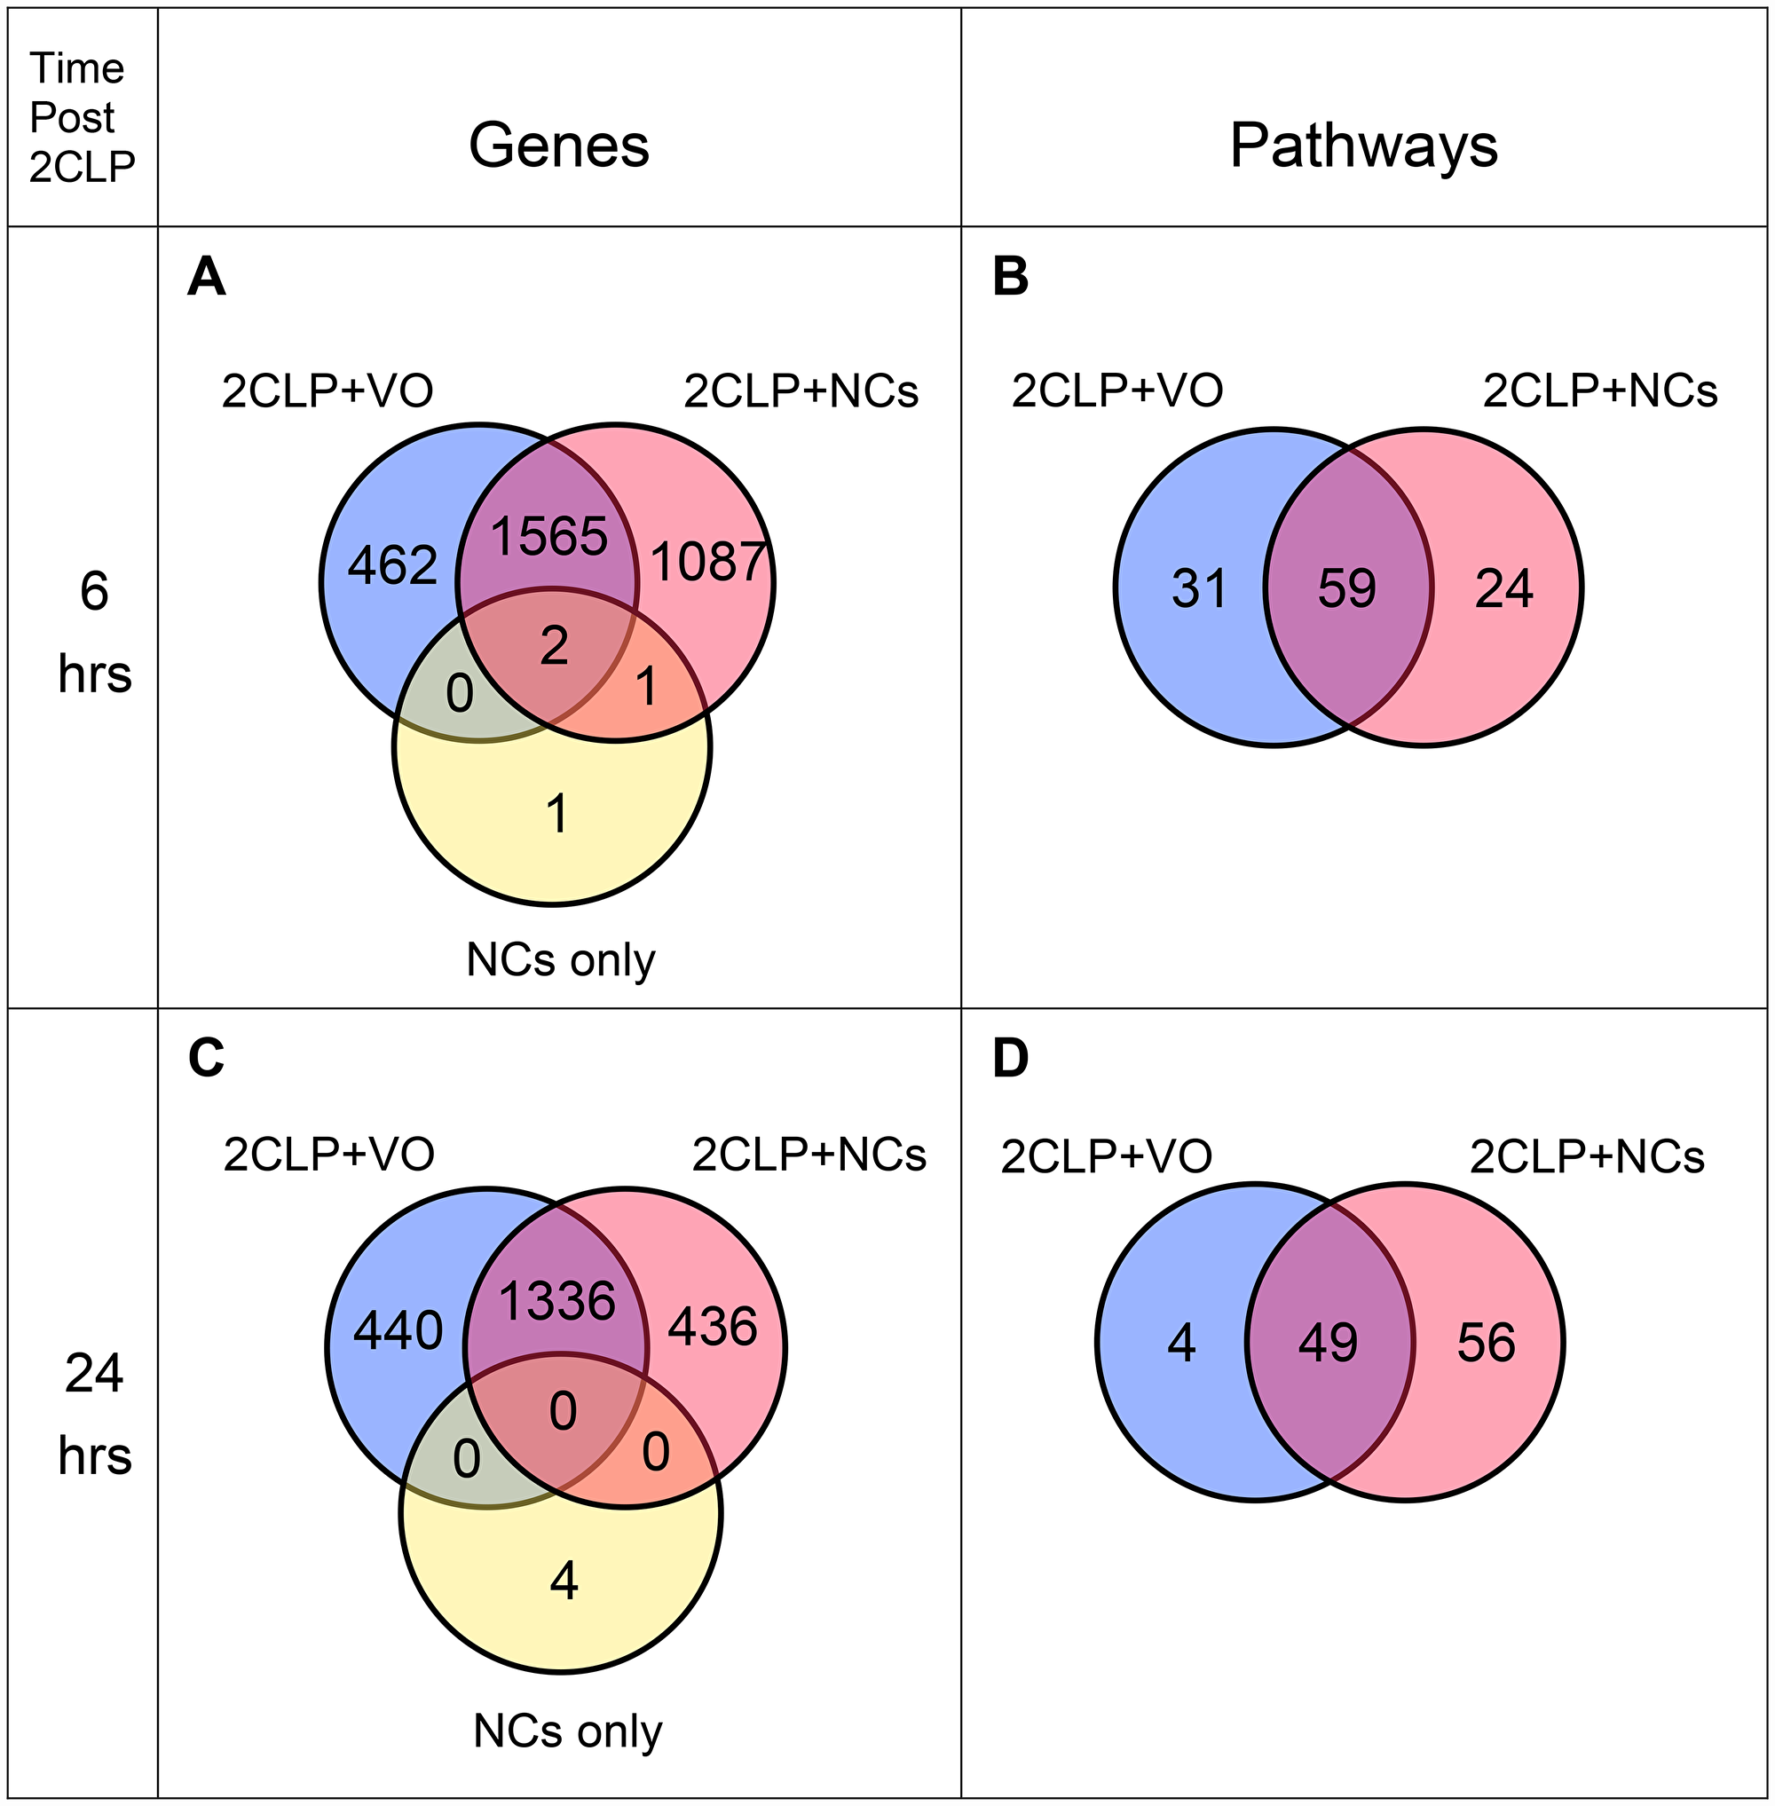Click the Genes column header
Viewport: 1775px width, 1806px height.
[x=558, y=146]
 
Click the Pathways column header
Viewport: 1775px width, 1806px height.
[x=1363, y=146]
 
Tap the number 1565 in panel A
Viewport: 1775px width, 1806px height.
[x=549, y=536]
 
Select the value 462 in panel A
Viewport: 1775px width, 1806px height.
[x=392, y=566]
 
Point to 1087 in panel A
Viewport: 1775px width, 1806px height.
[x=709, y=563]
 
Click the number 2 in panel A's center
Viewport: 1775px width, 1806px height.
[x=554, y=645]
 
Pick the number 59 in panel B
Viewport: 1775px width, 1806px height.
[x=1347, y=589]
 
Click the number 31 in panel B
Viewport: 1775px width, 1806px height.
[x=1199, y=589]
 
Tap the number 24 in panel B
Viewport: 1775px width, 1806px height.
[x=1503, y=589]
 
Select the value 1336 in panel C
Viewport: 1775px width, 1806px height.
[x=557, y=1301]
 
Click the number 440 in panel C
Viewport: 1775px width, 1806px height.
[x=398, y=1330]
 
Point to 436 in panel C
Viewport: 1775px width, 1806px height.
[x=714, y=1326]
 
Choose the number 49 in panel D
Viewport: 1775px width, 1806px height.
[x=1329, y=1344]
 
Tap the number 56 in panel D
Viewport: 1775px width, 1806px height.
[x=1486, y=1344]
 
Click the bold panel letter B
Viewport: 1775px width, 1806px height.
[x=1011, y=277]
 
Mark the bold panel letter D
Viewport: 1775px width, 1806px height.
[x=1011, y=1058]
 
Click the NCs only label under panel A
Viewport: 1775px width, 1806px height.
[x=560, y=958]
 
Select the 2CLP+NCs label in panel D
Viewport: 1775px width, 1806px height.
[x=1587, y=1157]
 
